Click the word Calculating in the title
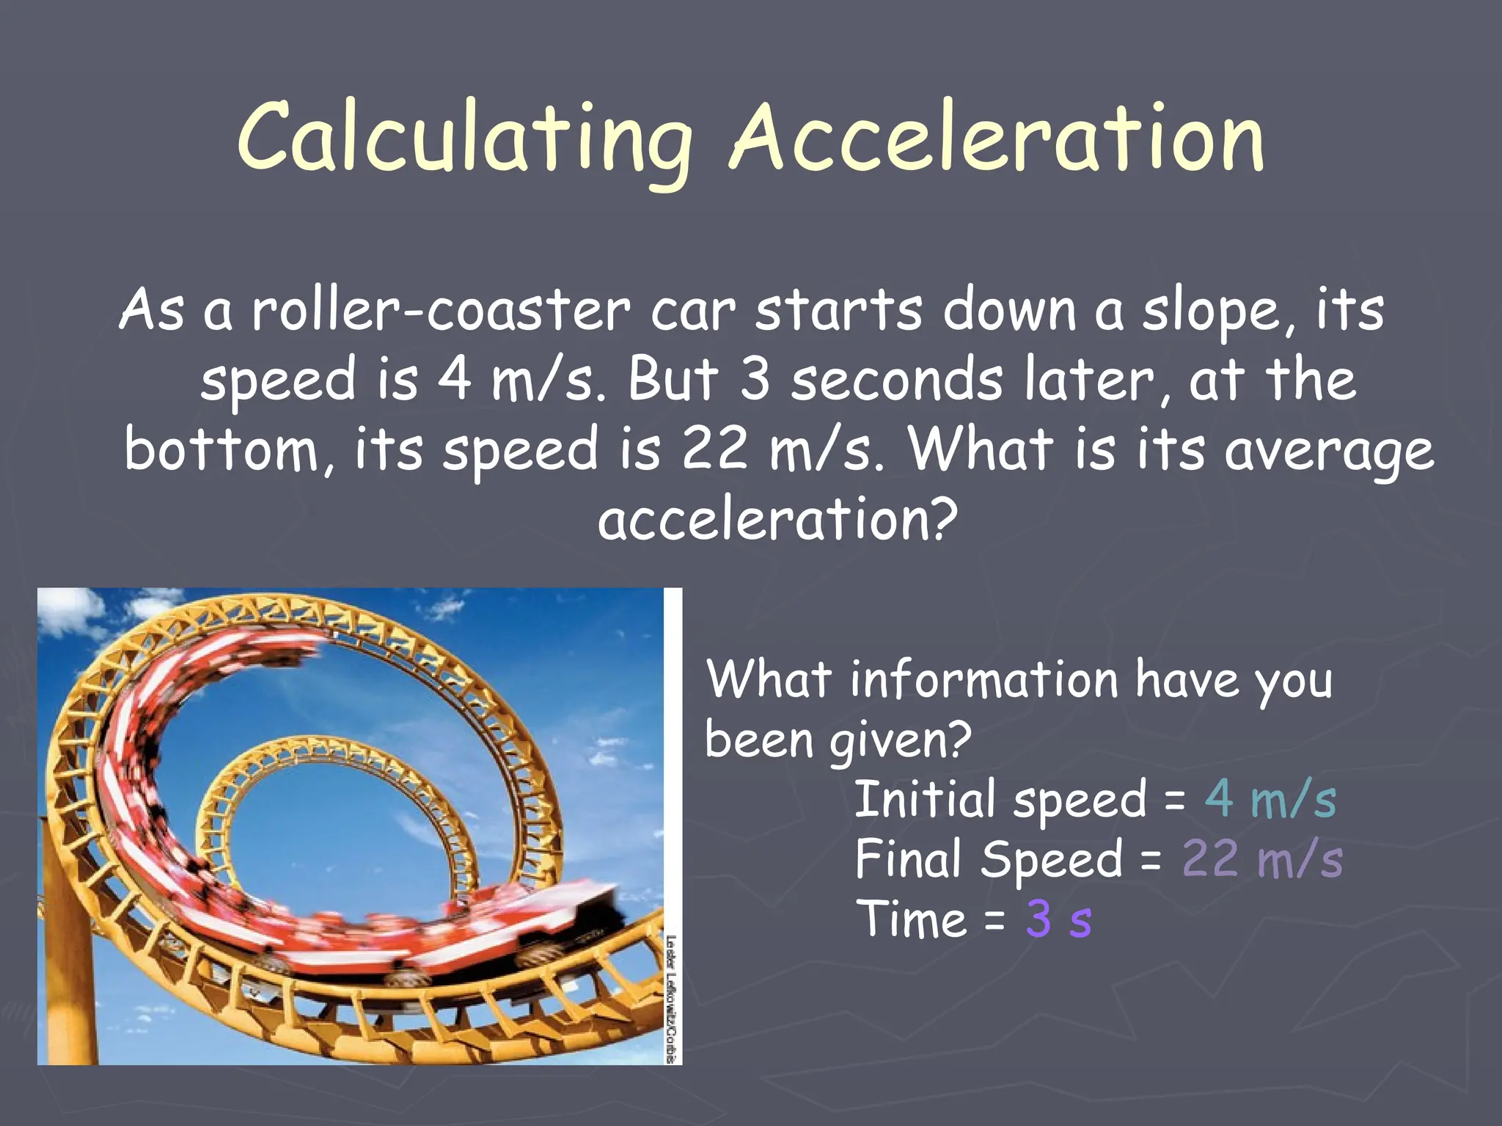464,139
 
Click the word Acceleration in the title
997,139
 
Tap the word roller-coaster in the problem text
440,312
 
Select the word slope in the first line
1217,312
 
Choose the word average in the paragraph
1327,451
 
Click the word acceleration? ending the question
777,519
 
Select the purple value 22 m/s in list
1261,859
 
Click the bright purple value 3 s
1058,919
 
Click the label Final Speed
987,859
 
